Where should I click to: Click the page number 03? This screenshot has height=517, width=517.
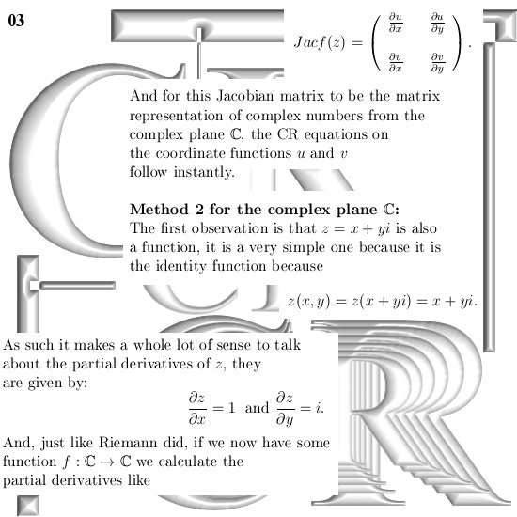(x=16, y=21)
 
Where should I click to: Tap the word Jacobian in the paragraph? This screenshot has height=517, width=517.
(x=245, y=96)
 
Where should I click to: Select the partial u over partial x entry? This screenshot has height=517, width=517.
(x=396, y=23)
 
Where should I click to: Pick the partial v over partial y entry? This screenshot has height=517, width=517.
(x=438, y=63)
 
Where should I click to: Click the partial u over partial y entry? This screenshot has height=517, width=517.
(x=438, y=23)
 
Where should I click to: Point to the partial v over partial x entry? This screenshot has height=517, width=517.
(x=396, y=62)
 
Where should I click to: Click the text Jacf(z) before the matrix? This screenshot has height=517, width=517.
(x=320, y=42)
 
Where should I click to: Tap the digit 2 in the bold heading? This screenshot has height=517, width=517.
(x=199, y=210)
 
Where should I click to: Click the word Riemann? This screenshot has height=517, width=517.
(x=128, y=443)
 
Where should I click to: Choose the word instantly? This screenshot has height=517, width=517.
(x=204, y=172)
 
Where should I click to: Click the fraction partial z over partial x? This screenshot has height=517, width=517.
(x=197, y=408)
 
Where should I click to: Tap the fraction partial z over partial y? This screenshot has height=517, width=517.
(x=285, y=409)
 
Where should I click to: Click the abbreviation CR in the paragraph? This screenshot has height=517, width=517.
(x=288, y=134)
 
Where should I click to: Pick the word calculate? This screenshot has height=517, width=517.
(x=188, y=462)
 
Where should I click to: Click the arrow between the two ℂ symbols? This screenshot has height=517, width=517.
(x=108, y=462)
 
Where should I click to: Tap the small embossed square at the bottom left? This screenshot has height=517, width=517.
(x=28, y=506)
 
